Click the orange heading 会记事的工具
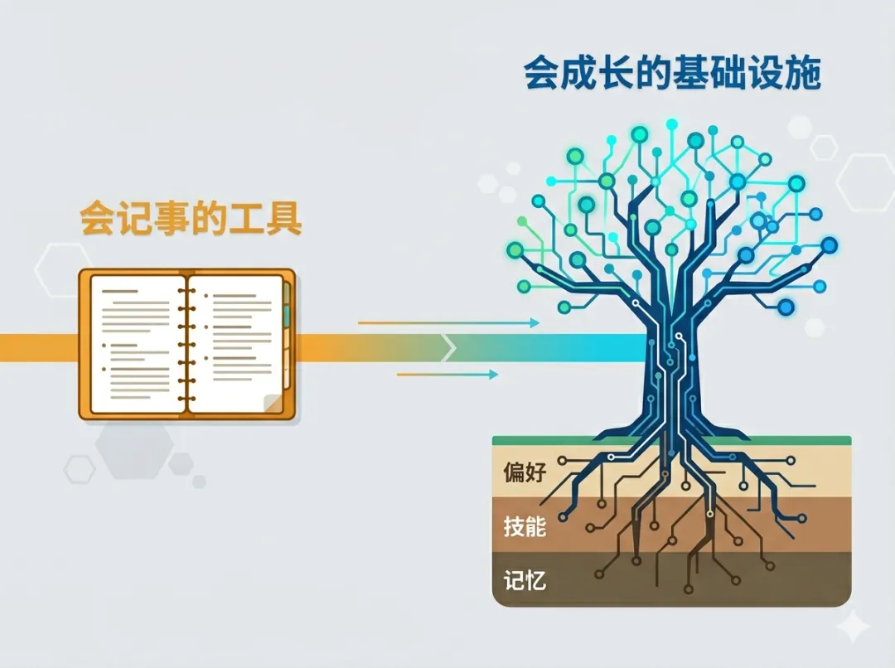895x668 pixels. [x=191, y=220]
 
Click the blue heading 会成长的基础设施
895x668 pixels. [x=672, y=73]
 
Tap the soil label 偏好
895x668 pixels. [x=525, y=472]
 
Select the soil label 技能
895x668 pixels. [x=525, y=525]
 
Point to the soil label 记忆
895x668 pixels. [x=525, y=579]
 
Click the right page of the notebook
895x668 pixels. [x=236, y=344]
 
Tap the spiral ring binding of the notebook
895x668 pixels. [x=184, y=344]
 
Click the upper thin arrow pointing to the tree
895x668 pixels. [x=448, y=322]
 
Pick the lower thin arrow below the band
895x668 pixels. [x=447, y=375]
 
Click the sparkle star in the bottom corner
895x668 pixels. [x=853, y=627]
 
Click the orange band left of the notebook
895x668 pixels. [x=37, y=347]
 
